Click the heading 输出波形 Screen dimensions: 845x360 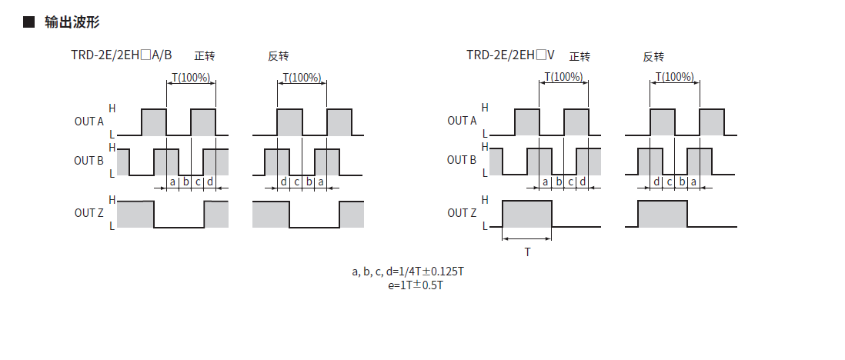coord(72,22)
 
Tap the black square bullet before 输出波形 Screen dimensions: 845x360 coord(28,22)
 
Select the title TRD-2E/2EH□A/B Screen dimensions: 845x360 coord(122,55)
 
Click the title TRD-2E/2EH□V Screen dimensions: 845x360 coord(510,55)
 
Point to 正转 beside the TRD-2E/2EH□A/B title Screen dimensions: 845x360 coord(205,56)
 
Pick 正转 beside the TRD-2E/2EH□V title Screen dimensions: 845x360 coord(579,56)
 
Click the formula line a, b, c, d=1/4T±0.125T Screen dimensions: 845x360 coord(408,271)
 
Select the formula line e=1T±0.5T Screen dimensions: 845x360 coord(416,285)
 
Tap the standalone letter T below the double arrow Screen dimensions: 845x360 coord(527,252)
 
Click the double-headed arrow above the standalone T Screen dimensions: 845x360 coord(527,240)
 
